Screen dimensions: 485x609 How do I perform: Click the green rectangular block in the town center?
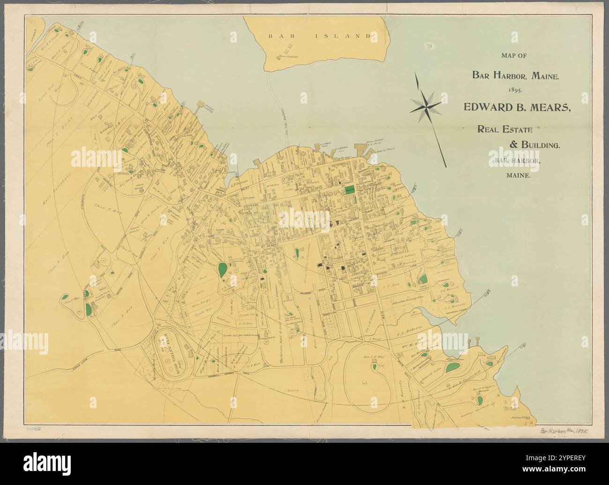[349, 190]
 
